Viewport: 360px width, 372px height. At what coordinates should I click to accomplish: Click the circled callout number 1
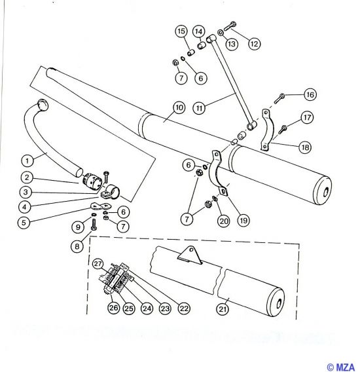click(27, 160)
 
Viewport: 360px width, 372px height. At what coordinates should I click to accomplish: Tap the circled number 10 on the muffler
click(179, 107)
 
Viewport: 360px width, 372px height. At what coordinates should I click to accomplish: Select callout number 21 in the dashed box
click(223, 309)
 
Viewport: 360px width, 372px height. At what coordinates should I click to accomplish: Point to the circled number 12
click(254, 44)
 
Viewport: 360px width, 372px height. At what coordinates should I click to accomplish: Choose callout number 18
click(305, 147)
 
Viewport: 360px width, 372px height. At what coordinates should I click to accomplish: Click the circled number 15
click(181, 31)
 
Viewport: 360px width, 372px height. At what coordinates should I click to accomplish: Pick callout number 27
click(98, 264)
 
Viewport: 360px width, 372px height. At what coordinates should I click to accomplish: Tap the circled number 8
click(77, 246)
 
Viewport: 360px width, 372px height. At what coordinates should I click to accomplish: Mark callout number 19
click(243, 221)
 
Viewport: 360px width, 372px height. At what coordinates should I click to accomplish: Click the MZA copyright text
click(341, 367)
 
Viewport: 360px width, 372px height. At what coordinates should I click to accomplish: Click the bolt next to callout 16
click(279, 98)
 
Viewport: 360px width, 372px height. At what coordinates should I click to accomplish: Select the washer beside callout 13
click(220, 32)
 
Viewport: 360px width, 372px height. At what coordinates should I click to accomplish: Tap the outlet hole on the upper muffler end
click(327, 191)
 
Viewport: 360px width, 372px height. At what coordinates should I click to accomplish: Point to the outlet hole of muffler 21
click(279, 303)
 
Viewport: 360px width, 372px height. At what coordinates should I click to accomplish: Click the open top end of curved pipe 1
click(43, 105)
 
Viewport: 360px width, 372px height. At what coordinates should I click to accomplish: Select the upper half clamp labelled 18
click(267, 130)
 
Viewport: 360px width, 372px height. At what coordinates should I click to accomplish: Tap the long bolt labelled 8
click(94, 225)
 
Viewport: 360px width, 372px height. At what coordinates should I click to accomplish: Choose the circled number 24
click(147, 308)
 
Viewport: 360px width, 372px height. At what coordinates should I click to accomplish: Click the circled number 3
click(26, 192)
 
